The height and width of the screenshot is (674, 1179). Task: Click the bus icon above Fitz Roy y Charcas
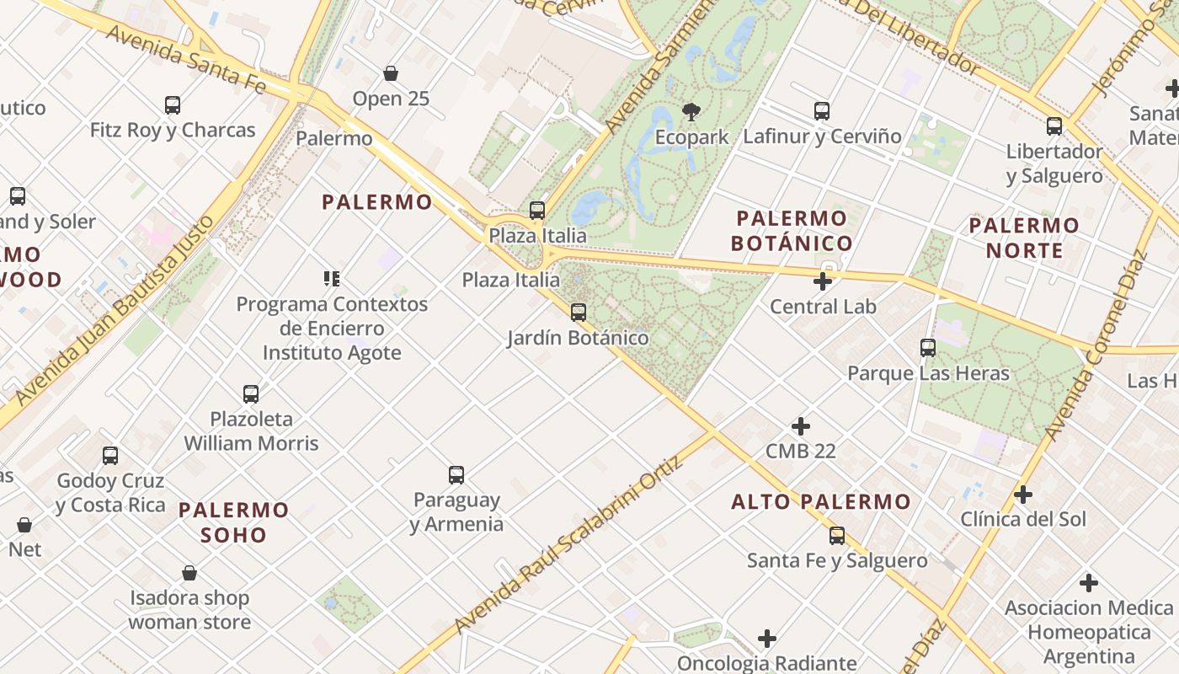(x=173, y=105)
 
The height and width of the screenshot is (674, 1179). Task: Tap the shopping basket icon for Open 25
(x=391, y=73)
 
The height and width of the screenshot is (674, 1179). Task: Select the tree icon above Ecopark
(x=691, y=111)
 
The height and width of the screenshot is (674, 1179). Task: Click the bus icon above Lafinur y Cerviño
(x=822, y=110)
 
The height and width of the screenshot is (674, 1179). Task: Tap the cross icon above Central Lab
(x=823, y=281)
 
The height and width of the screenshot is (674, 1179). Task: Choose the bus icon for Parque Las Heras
(x=928, y=347)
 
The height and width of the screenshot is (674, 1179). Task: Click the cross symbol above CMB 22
(x=801, y=426)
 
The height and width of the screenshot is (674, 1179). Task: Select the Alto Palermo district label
(x=821, y=502)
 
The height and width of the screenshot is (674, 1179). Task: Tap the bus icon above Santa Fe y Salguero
(x=837, y=535)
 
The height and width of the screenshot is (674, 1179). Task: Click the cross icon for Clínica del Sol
(x=1023, y=495)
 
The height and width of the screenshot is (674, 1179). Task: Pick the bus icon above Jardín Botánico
(x=579, y=313)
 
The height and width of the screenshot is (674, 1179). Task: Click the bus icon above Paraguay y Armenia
(x=456, y=474)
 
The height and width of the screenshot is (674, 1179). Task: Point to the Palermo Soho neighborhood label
(x=234, y=522)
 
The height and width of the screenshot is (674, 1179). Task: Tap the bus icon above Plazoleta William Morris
(x=251, y=393)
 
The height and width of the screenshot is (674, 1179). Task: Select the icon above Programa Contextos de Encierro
(x=332, y=278)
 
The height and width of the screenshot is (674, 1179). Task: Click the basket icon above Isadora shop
(x=189, y=573)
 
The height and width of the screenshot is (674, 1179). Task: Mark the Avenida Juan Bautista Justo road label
(x=114, y=312)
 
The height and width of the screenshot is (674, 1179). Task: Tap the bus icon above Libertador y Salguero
(x=1054, y=126)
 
